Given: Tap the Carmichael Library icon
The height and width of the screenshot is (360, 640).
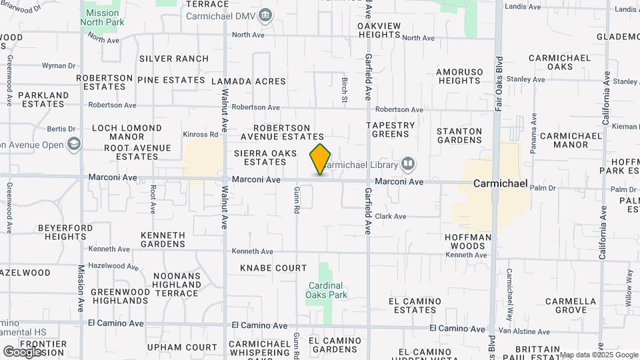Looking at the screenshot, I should coord(407,164).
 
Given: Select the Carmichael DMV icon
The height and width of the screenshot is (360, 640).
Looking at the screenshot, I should coord(266,15).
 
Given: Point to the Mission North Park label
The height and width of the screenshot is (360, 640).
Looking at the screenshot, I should coord(102,17).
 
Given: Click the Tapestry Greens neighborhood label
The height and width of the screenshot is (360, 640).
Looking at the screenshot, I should coord(390,129).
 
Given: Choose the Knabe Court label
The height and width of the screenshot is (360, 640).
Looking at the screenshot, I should coord(273,268).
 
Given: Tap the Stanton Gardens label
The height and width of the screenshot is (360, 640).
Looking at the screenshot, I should coord(459,136).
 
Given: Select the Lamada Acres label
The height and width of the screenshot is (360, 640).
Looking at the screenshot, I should coord(248,81).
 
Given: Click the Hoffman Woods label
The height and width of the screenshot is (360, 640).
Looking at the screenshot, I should coord(468,241).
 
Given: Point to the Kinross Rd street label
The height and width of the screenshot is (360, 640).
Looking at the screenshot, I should coord(201,134).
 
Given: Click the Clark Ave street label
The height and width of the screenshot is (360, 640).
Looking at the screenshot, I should coord(391,216).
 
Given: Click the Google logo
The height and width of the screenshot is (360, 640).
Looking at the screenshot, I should coord(22,351).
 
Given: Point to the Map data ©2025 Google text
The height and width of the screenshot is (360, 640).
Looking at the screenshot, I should coord(598,355).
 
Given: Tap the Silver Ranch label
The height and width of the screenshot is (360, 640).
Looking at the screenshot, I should coord(173,59).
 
